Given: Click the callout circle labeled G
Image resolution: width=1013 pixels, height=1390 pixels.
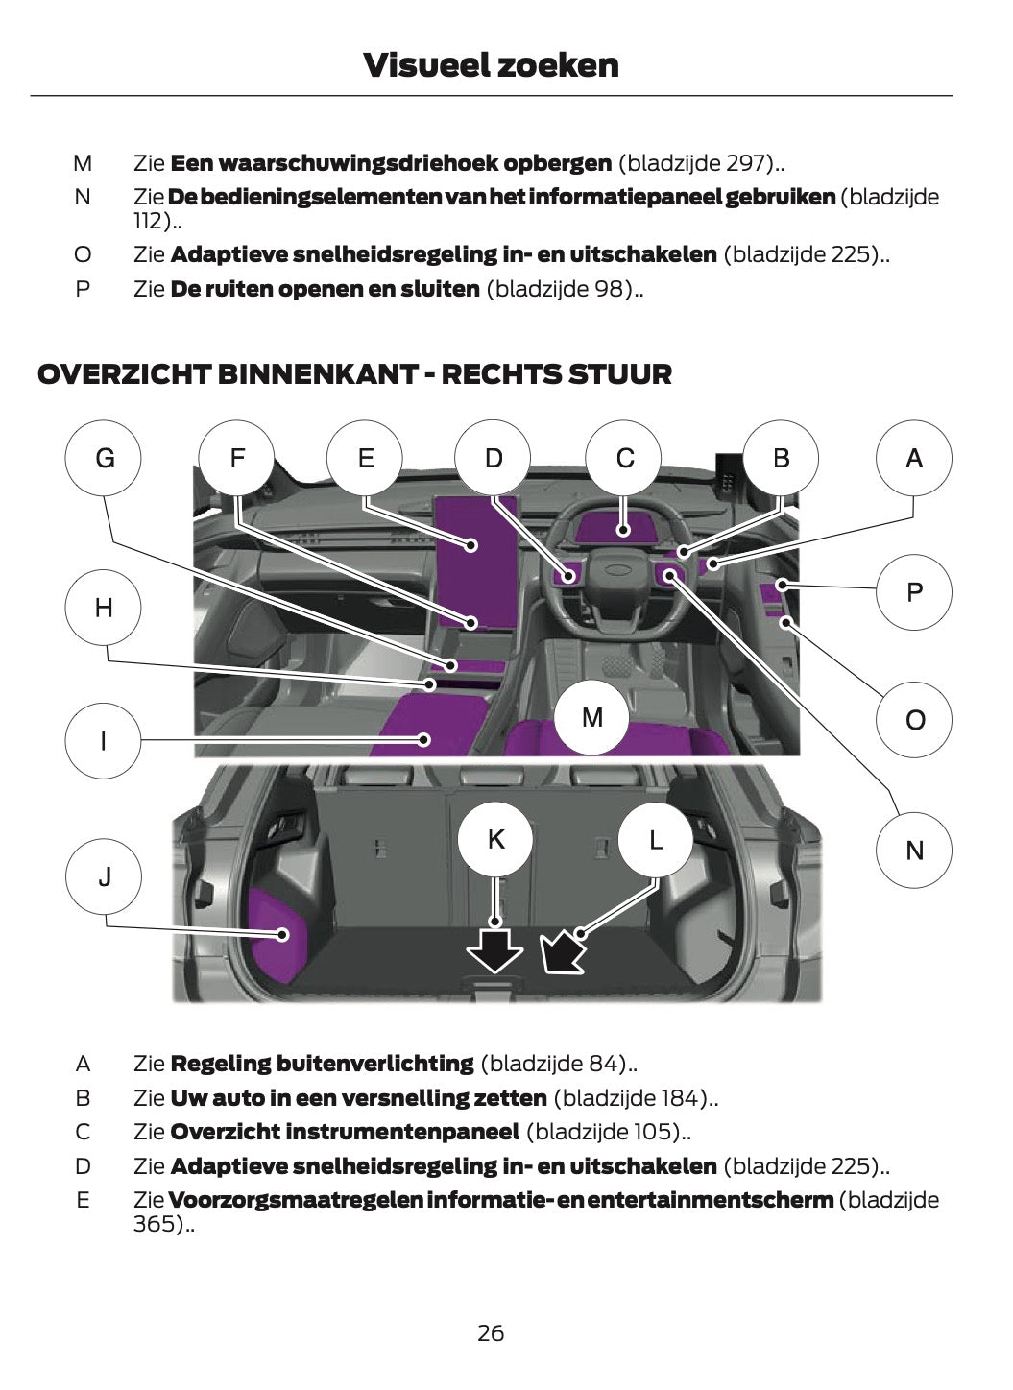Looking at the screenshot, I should pyautogui.click(x=104, y=458).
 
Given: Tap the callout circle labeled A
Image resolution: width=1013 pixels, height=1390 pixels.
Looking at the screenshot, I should pyautogui.click(x=913, y=458).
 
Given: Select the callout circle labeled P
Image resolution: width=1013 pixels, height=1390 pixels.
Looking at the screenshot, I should pyautogui.click(x=913, y=591).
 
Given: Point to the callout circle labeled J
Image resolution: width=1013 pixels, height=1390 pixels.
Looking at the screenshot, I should pyautogui.click(x=104, y=875).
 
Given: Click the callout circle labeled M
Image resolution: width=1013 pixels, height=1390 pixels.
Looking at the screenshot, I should pyautogui.click(x=592, y=716).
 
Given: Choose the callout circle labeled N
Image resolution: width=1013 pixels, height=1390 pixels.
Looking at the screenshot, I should pyautogui.click(x=913, y=850).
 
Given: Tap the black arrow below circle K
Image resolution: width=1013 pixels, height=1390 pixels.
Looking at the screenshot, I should pyautogui.click(x=494, y=949).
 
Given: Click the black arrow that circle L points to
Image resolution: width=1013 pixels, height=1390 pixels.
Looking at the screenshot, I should pyautogui.click(x=562, y=951).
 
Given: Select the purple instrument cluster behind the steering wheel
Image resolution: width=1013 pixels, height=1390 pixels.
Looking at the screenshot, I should pyautogui.click(x=623, y=525).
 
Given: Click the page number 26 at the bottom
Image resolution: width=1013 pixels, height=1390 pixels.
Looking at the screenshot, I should pyautogui.click(x=491, y=1332).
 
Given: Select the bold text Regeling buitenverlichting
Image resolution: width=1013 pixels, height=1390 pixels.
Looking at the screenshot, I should pyautogui.click(x=322, y=1064).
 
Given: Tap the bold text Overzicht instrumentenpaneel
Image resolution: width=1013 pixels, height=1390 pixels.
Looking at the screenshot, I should pyautogui.click(x=345, y=1132).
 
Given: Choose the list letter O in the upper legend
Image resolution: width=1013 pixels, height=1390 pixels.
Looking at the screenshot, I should pyautogui.click(x=84, y=254).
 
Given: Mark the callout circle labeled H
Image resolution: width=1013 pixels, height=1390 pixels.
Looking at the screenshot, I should pyautogui.click(x=104, y=607).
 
